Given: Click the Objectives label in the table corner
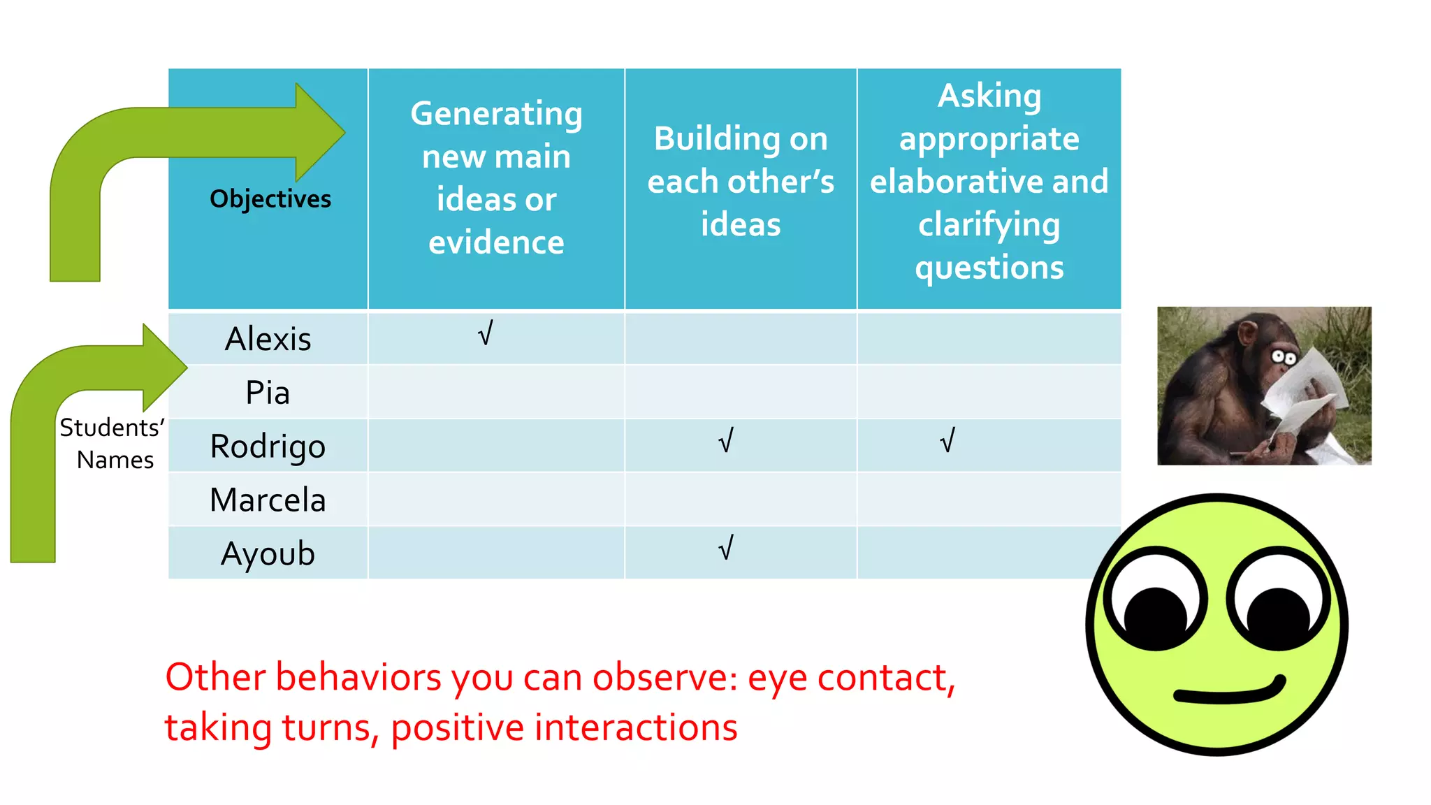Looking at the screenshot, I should (270, 199).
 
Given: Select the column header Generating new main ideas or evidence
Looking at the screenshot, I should (496, 177).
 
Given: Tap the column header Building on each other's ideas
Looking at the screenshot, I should (741, 181).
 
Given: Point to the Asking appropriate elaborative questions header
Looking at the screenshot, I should (989, 181).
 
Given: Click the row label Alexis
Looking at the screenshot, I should (268, 339).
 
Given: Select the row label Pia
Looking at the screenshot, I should (268, 393).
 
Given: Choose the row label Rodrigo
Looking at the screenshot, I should (268, 447).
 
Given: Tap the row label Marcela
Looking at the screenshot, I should (268, 500).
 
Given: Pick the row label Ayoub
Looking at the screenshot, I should (268, 553).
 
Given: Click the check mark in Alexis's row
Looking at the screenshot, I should (486, 333).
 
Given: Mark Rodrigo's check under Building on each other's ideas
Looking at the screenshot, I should (726, 441).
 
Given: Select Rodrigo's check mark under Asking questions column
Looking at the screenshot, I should (947, 441).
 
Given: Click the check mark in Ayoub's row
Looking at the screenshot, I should (726, 549).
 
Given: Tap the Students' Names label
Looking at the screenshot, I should (113, 444).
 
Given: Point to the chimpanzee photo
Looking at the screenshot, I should (1264, 386).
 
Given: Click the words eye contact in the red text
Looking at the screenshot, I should (850, 678).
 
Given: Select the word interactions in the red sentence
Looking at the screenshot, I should (636, 727).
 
